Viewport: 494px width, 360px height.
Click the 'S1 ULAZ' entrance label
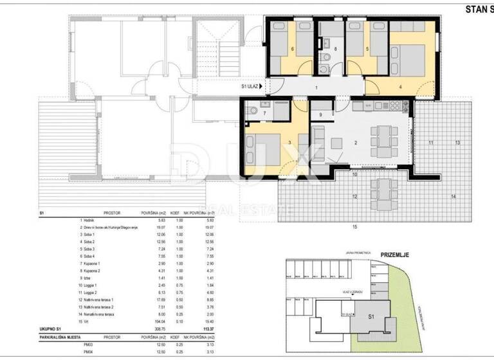251,86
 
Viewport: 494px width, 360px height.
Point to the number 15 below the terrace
354,227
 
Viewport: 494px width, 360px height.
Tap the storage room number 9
321,114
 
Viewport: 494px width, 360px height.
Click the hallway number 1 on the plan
316,86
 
